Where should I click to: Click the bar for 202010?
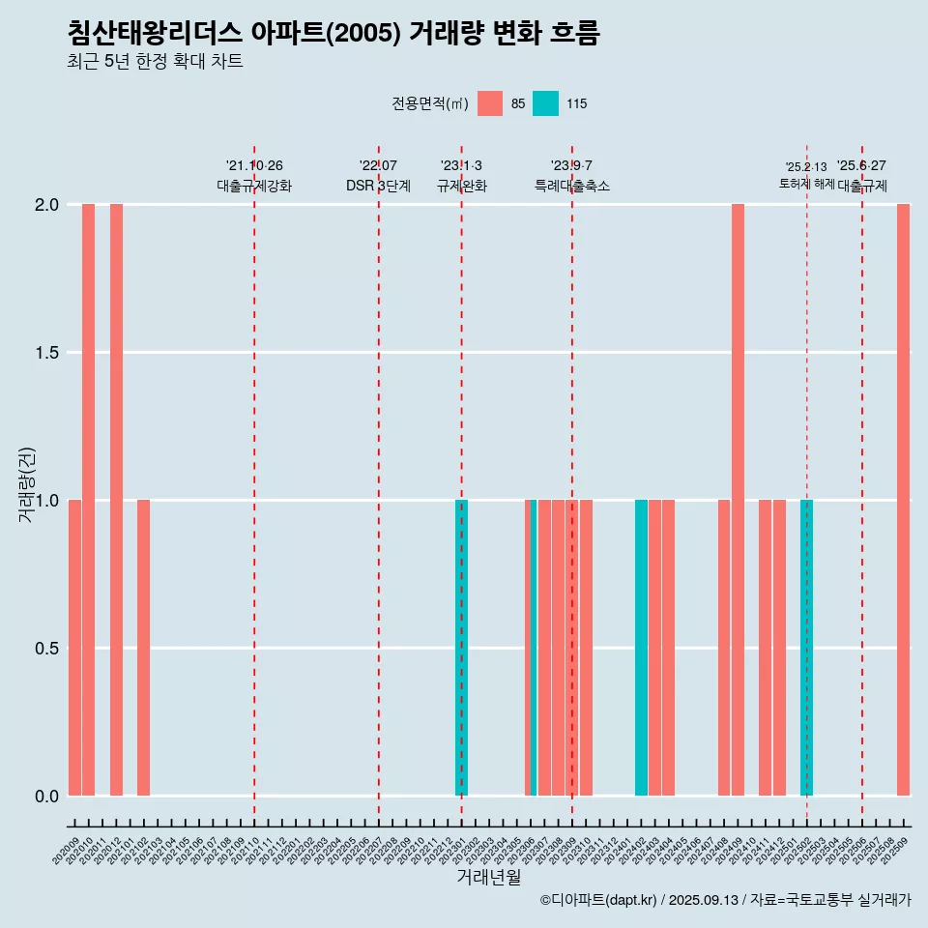coord(88,500)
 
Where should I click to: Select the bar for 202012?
coord(116,500)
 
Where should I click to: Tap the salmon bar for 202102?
coord(143,648)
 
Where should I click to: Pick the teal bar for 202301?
coord(461,648)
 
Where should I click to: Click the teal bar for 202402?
coord(641,648)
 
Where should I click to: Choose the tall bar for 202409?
coord(738,500)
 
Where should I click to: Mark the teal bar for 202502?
coord(806,648)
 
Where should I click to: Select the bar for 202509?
coord(903,500)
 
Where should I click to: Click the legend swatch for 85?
coord(490,103)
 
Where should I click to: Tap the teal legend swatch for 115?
coord(545,103)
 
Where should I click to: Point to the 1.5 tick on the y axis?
coord(46,353)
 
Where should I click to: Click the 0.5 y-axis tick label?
coord(46,648)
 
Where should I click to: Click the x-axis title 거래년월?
coord(488,877)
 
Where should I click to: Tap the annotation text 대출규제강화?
coord(254,186)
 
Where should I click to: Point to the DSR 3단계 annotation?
coord(378,186)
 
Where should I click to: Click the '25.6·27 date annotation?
coord(861,166)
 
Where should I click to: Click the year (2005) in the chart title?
coord(362,34)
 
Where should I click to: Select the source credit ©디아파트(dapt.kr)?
coord(598,900)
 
